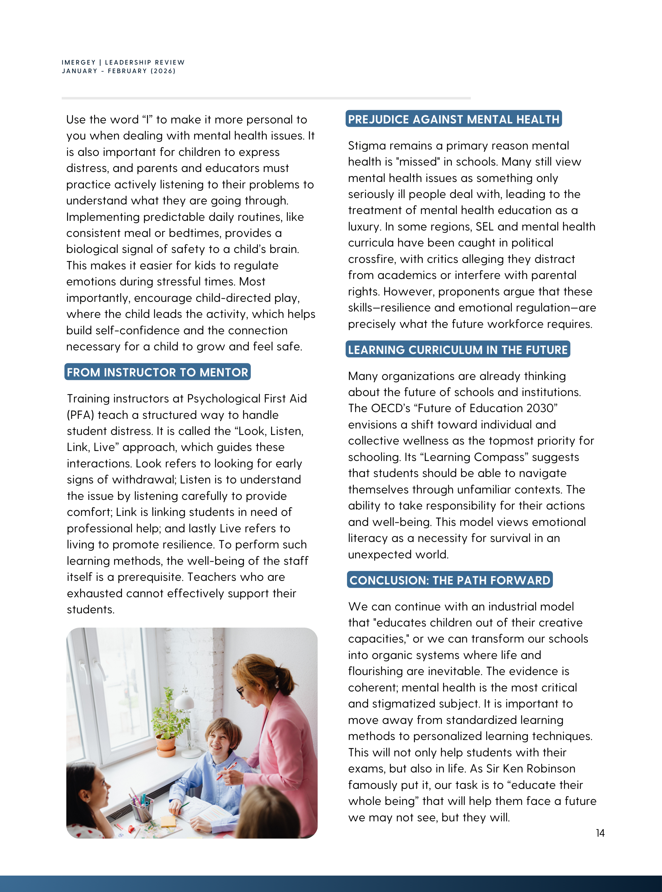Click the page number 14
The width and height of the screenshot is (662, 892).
600,833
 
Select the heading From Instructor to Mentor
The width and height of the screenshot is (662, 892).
158,372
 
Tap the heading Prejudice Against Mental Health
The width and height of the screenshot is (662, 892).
453,119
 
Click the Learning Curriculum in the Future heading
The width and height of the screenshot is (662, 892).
458,350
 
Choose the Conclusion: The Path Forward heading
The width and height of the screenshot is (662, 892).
450,580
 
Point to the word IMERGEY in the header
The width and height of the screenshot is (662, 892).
78,62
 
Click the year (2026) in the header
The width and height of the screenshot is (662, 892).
163,71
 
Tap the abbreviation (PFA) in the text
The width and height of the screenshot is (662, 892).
80,415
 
